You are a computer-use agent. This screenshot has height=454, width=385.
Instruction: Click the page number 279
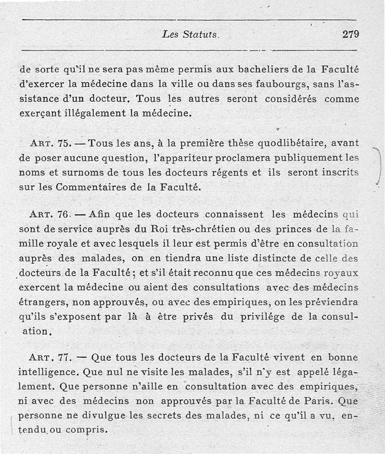351,34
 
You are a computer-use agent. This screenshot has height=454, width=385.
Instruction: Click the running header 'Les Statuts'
191,35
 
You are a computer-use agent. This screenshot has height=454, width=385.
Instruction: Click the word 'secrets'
167,416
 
